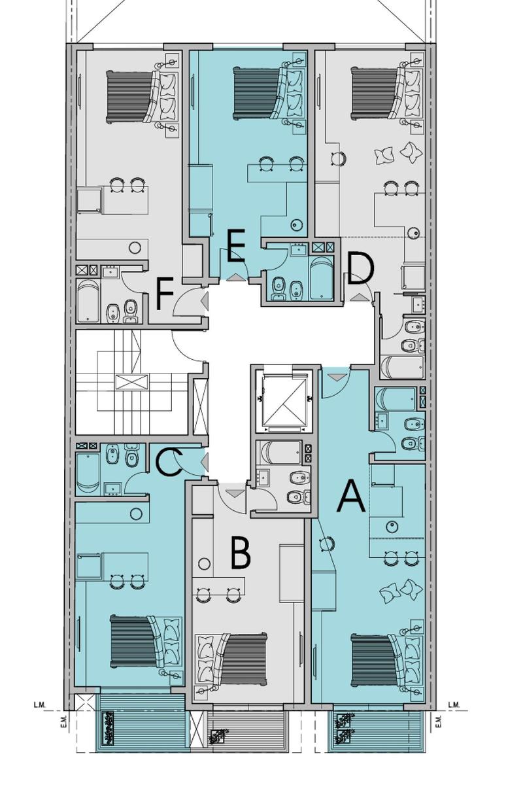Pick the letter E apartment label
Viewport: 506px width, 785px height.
coord(236,246)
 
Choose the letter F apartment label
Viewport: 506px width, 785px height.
coord(165,293)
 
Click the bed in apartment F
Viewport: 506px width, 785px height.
coord(142,96)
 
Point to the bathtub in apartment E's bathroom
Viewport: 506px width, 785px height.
coord(322,277)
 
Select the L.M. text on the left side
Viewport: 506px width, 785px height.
coord(40,705)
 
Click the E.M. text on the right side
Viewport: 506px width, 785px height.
coord(439,722)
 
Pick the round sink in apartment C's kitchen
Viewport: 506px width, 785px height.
coord(136,514)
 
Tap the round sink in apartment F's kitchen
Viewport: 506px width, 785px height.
coord(135,248)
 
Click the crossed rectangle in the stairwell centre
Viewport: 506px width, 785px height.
coord(131,382)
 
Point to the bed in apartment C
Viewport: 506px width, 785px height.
coord(146,642)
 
